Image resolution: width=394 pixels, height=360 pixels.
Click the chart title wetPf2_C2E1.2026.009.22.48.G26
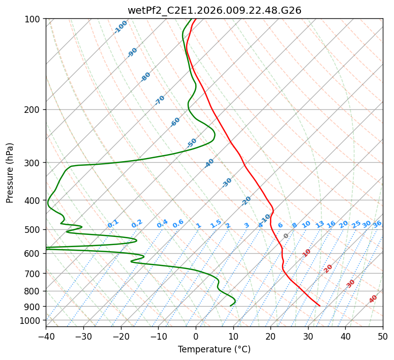point(215,10)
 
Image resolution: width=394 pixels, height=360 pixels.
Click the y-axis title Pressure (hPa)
point(9,173)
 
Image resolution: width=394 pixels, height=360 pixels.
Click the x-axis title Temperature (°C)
point(215,349)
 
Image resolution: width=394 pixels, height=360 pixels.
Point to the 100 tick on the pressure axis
point(32,19)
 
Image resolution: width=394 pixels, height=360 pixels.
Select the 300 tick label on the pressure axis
point(32,163)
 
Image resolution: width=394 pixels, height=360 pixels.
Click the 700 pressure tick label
point(32,274)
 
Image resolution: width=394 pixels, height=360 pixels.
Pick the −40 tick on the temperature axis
point(46,337)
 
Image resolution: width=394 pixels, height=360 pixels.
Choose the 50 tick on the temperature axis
point(383,337)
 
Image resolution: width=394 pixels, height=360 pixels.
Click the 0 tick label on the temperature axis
point(196,337)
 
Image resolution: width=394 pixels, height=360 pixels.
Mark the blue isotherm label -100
point(120,27)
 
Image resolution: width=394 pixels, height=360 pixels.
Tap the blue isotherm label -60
point(175,122)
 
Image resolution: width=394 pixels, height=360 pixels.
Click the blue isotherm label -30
point(227,183)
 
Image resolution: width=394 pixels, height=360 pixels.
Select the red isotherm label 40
point(373,299)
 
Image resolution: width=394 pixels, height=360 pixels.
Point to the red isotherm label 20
point(328,269)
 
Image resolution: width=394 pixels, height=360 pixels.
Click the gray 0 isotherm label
point(286,236)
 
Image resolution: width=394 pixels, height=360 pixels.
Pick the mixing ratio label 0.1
point(113,224)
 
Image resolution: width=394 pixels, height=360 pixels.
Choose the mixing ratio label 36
point(377,224)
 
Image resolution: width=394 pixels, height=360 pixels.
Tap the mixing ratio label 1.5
point(216,224)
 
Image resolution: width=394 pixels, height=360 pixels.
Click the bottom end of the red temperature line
point(320,306)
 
